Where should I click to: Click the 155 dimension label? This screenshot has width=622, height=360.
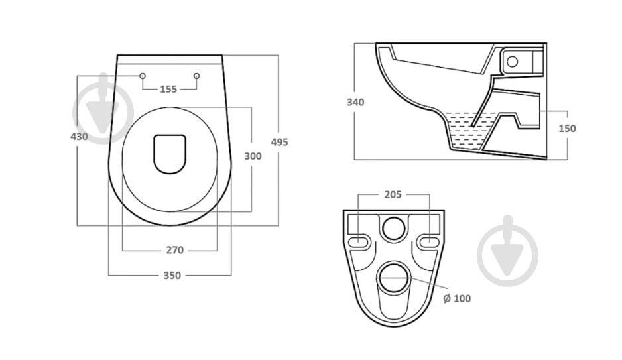pyautogui.click(x=168, y=90)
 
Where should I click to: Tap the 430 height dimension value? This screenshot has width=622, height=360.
pyautogui.click(x=79, y=137)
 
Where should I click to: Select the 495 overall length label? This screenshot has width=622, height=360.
pyautogui.click(x=279, y=142)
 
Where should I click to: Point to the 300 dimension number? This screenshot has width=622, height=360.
pyautogui.click(x=253, y=156)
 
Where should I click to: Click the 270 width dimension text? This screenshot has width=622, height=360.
pyautogui.click(x=175, y=250)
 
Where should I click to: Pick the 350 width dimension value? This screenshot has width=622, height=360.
pyautogui.click(x=172, y=276)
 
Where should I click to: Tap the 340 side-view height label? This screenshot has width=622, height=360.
pyautogui.click(x=355, y=102)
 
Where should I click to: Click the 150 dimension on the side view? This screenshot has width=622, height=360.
pyautogui.click(x=567, y=129)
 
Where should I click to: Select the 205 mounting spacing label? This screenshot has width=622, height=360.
pyautogui.click(x=393, y=194)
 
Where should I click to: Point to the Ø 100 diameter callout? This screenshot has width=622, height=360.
pyautogui.click(x=457, y=298)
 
